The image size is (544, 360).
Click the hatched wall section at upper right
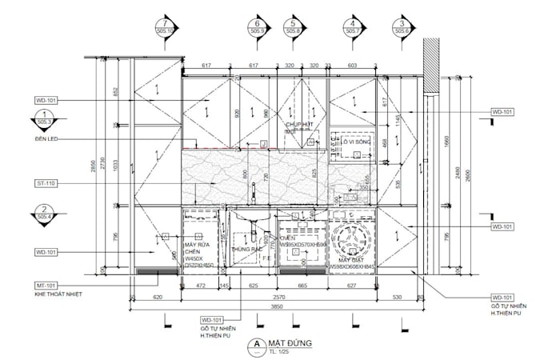(x=429, y=72)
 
